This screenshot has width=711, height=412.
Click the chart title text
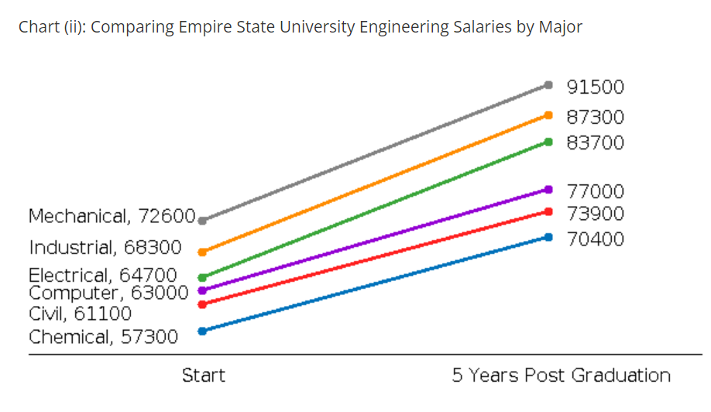coord(301,27)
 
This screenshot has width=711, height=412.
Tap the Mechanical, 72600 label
coord(112,216)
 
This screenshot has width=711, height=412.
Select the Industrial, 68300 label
coord(105,248)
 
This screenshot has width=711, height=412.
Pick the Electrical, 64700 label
coord(103,276)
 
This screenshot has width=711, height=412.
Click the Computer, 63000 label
coord(108,293)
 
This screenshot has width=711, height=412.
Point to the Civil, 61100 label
coord(80,314)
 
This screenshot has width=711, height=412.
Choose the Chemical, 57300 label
coord(103,338)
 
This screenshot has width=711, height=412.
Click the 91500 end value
coord(595,87)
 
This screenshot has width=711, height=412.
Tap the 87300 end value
coord(595,118)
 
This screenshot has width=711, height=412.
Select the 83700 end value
coord(595,143)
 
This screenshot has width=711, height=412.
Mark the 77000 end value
coord(595,191)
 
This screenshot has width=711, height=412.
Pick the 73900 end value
coord(595,214)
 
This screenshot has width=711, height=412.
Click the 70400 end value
coord(595,239)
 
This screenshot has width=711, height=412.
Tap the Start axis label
coord(204,376)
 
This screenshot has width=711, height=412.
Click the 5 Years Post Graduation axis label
coord(562,376)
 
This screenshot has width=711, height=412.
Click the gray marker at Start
coord(203,221)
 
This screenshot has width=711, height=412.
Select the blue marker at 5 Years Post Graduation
coord(548,237)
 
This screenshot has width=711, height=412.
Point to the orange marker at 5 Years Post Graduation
coord(548,115)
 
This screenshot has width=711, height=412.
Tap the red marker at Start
coord(203,304)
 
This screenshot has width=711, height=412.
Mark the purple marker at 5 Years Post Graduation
coord(548,189)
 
